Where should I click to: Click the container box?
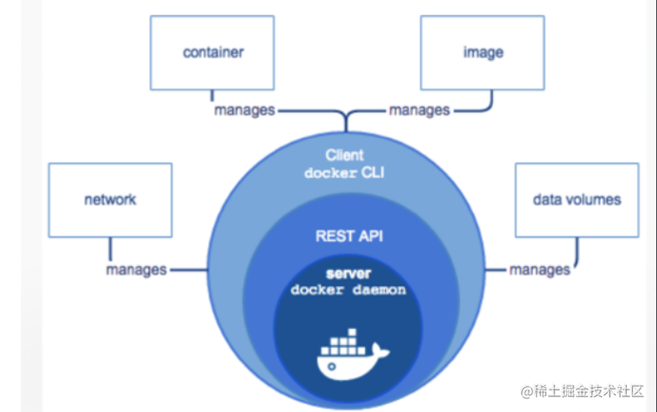coord(212,53)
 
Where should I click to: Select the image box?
coord(482,53)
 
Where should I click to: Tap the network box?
coord(110,200)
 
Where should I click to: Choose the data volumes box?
coord(577,200)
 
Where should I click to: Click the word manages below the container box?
coord(245,111)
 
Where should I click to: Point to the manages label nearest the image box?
coord(419,111)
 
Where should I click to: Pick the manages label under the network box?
coord(136,270)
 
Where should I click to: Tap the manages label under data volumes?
coord(540,270)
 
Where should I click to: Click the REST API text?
coord(349,236)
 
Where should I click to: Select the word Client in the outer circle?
coord(344,155)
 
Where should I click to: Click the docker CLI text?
coord(344,172)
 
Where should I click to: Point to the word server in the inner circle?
coord(348,274)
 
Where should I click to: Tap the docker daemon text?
coord(348,290)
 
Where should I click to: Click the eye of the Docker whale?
coord(332,367)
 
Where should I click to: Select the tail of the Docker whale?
coord(380,351)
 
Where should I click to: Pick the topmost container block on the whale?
coord(352,332)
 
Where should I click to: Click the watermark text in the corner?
coord(582,391)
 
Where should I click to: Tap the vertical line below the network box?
coord(110,249)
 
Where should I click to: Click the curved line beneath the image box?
coord(488,107)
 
